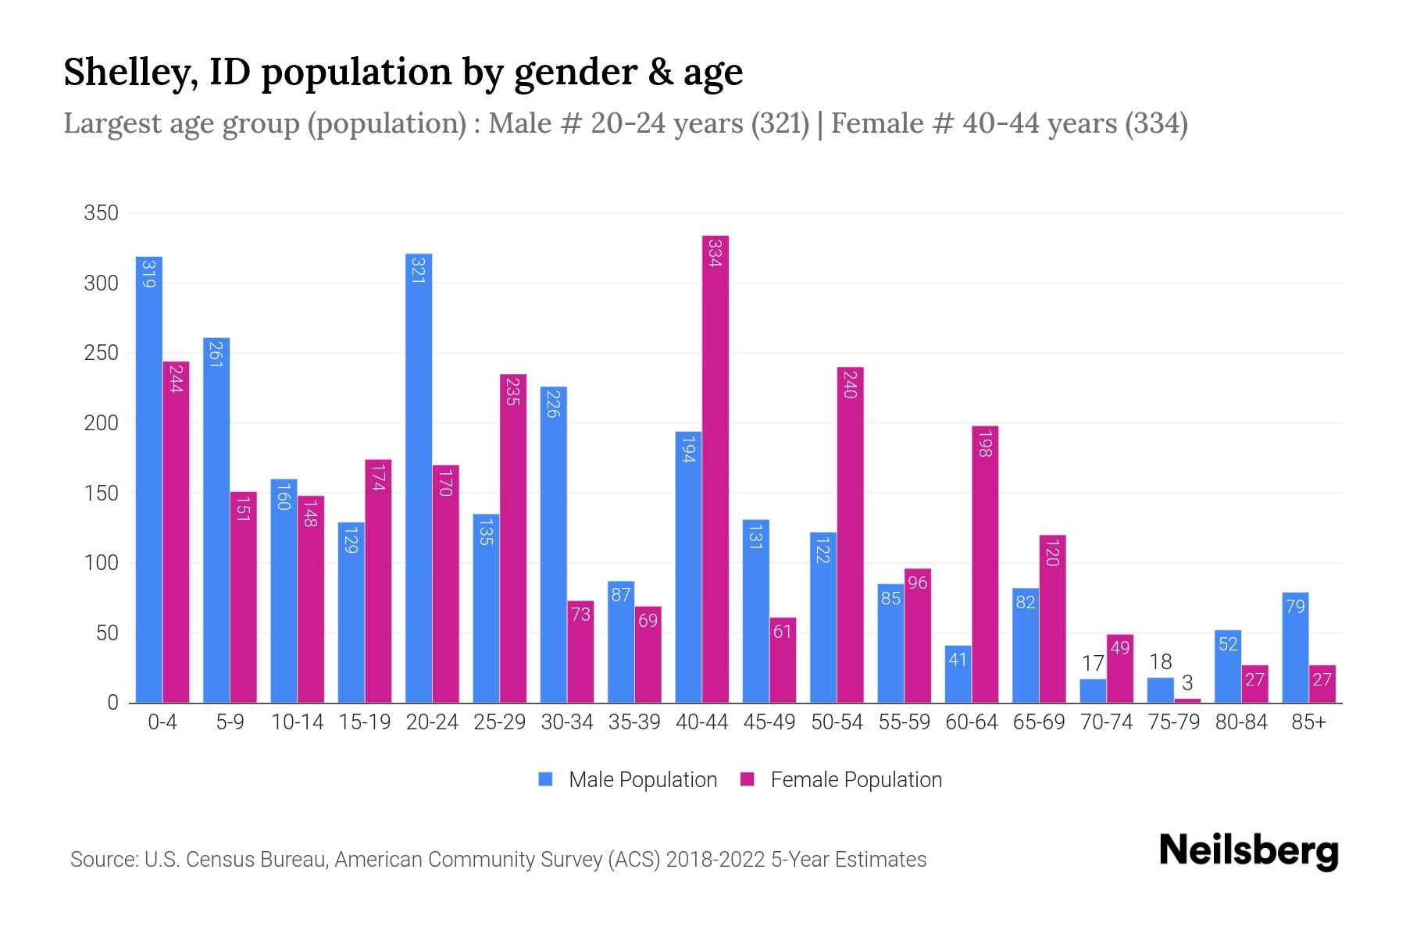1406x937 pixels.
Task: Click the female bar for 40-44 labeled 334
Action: [715, 468]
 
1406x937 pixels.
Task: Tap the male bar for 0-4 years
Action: [149, 479]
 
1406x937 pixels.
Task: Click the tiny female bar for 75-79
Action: [1187, 700]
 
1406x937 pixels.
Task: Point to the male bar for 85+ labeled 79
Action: [1295, 647]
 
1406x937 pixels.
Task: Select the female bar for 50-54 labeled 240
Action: [850, 535]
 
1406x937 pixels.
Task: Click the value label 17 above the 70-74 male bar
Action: [1093, 664]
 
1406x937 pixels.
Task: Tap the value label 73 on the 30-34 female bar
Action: [580, 615]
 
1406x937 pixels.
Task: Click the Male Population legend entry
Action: [628, 780]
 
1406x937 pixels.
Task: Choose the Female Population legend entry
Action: [841, 780]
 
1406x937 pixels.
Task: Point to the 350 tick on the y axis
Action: [102, 213]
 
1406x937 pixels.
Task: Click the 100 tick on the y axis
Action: [102, 563]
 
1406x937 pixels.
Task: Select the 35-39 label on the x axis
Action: [634, 722]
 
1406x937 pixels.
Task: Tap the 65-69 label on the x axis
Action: [1039, 722]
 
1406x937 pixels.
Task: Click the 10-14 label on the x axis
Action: [297, 722]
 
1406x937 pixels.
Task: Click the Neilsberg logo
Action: [1248, 851]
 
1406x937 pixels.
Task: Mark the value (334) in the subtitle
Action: [1156, 123]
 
